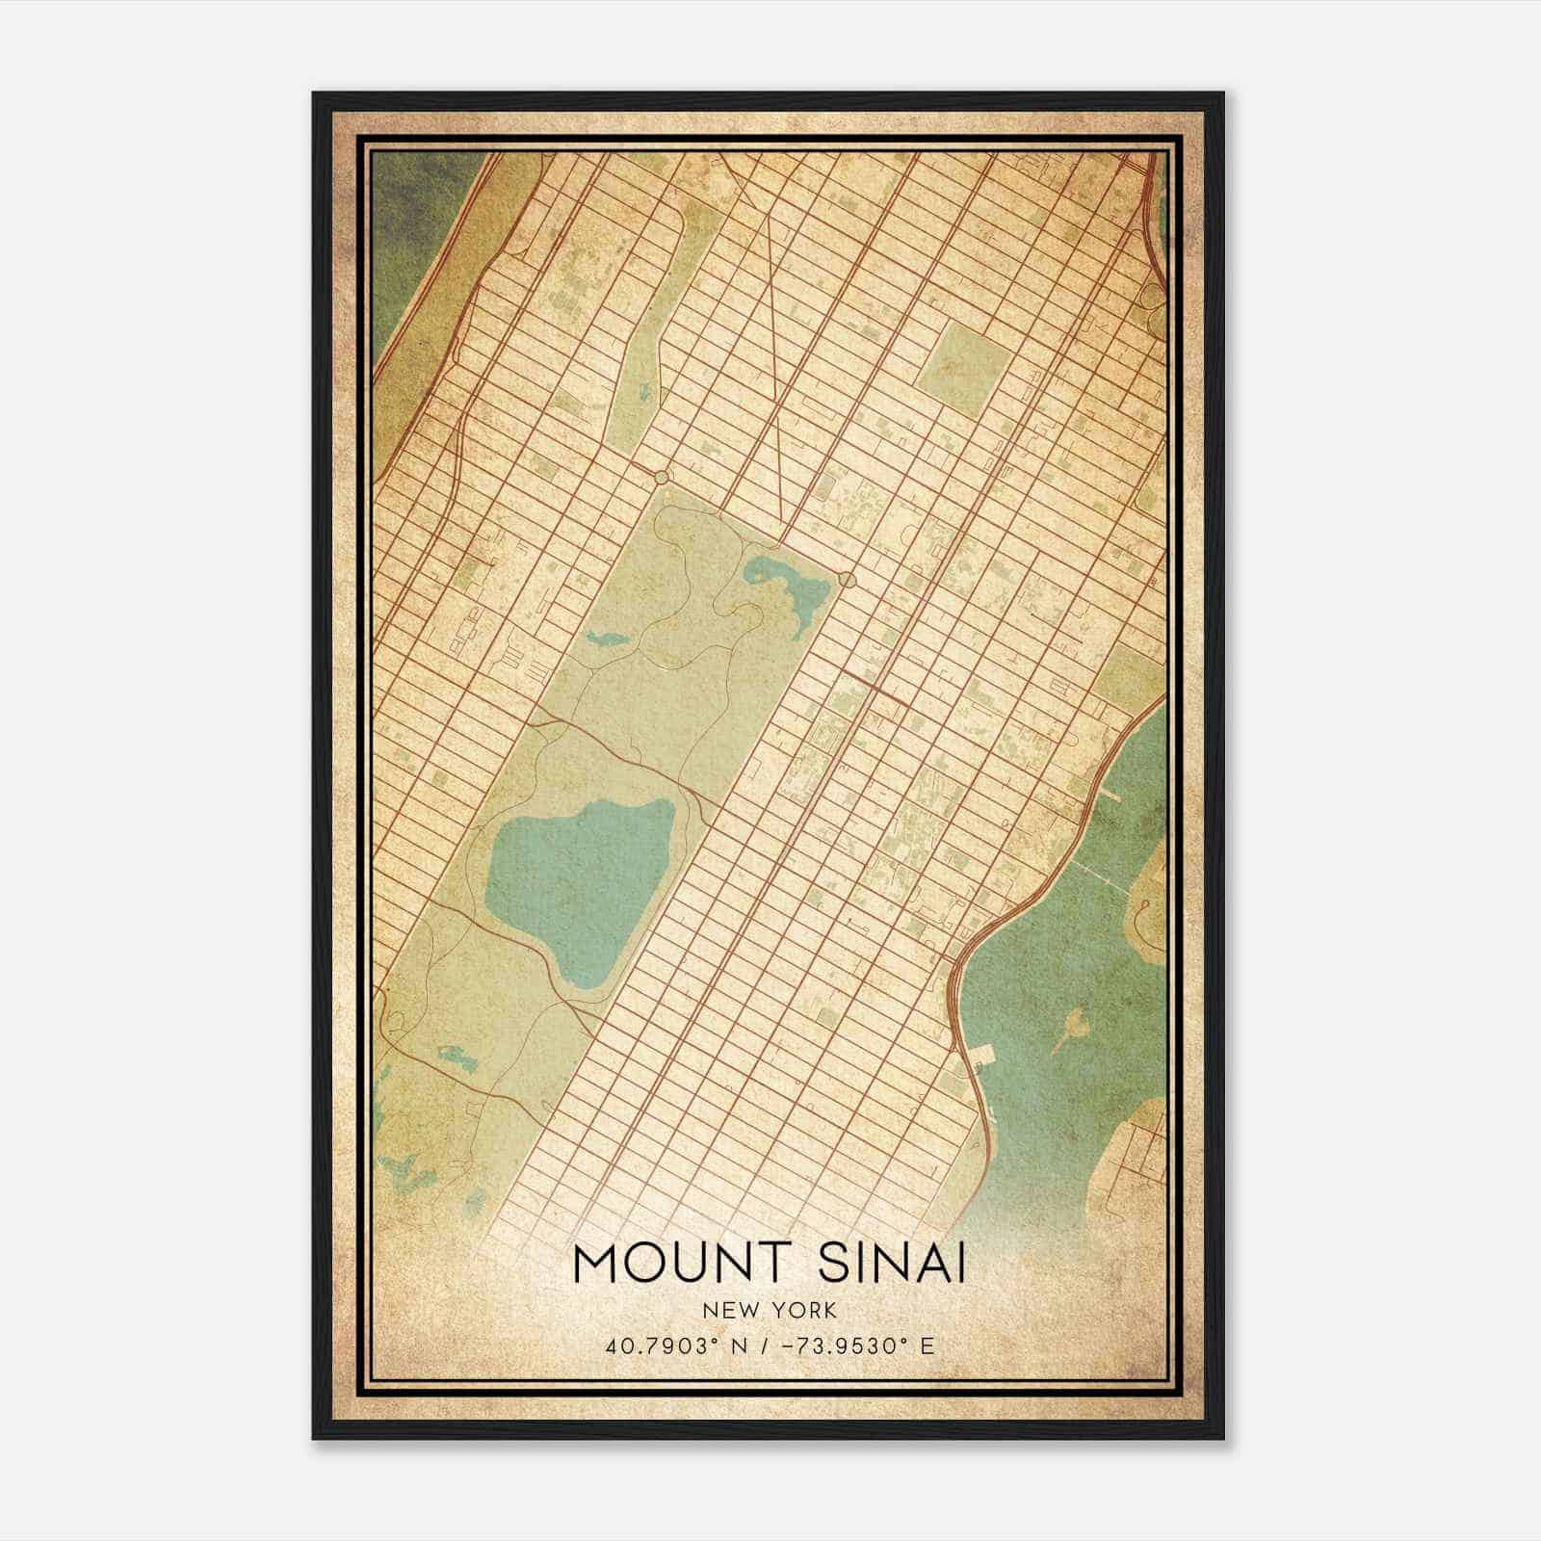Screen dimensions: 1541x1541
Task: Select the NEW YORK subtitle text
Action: (x=770, y=1311)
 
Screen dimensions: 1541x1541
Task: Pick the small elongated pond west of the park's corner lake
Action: (x=606, y=638)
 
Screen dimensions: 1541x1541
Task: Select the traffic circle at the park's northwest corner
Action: (x=661, y=478)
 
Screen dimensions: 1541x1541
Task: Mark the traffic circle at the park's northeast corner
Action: (x=846, y=579)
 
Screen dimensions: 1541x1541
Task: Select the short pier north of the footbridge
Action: (x=1109, y=796)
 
